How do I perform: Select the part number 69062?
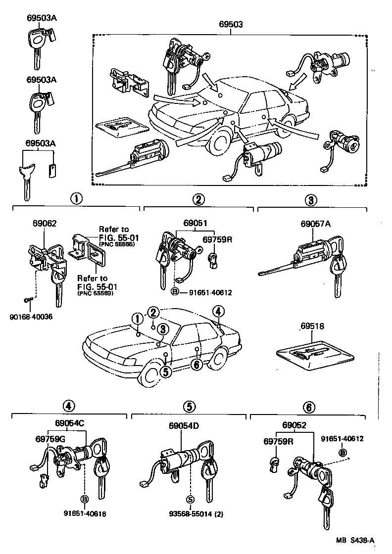click(x=41, y=223)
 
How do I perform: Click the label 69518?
click(x=312, y=327)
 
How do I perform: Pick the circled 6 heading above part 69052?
click(x=308, y=407)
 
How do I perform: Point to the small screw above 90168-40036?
click(x=27, y=299)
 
